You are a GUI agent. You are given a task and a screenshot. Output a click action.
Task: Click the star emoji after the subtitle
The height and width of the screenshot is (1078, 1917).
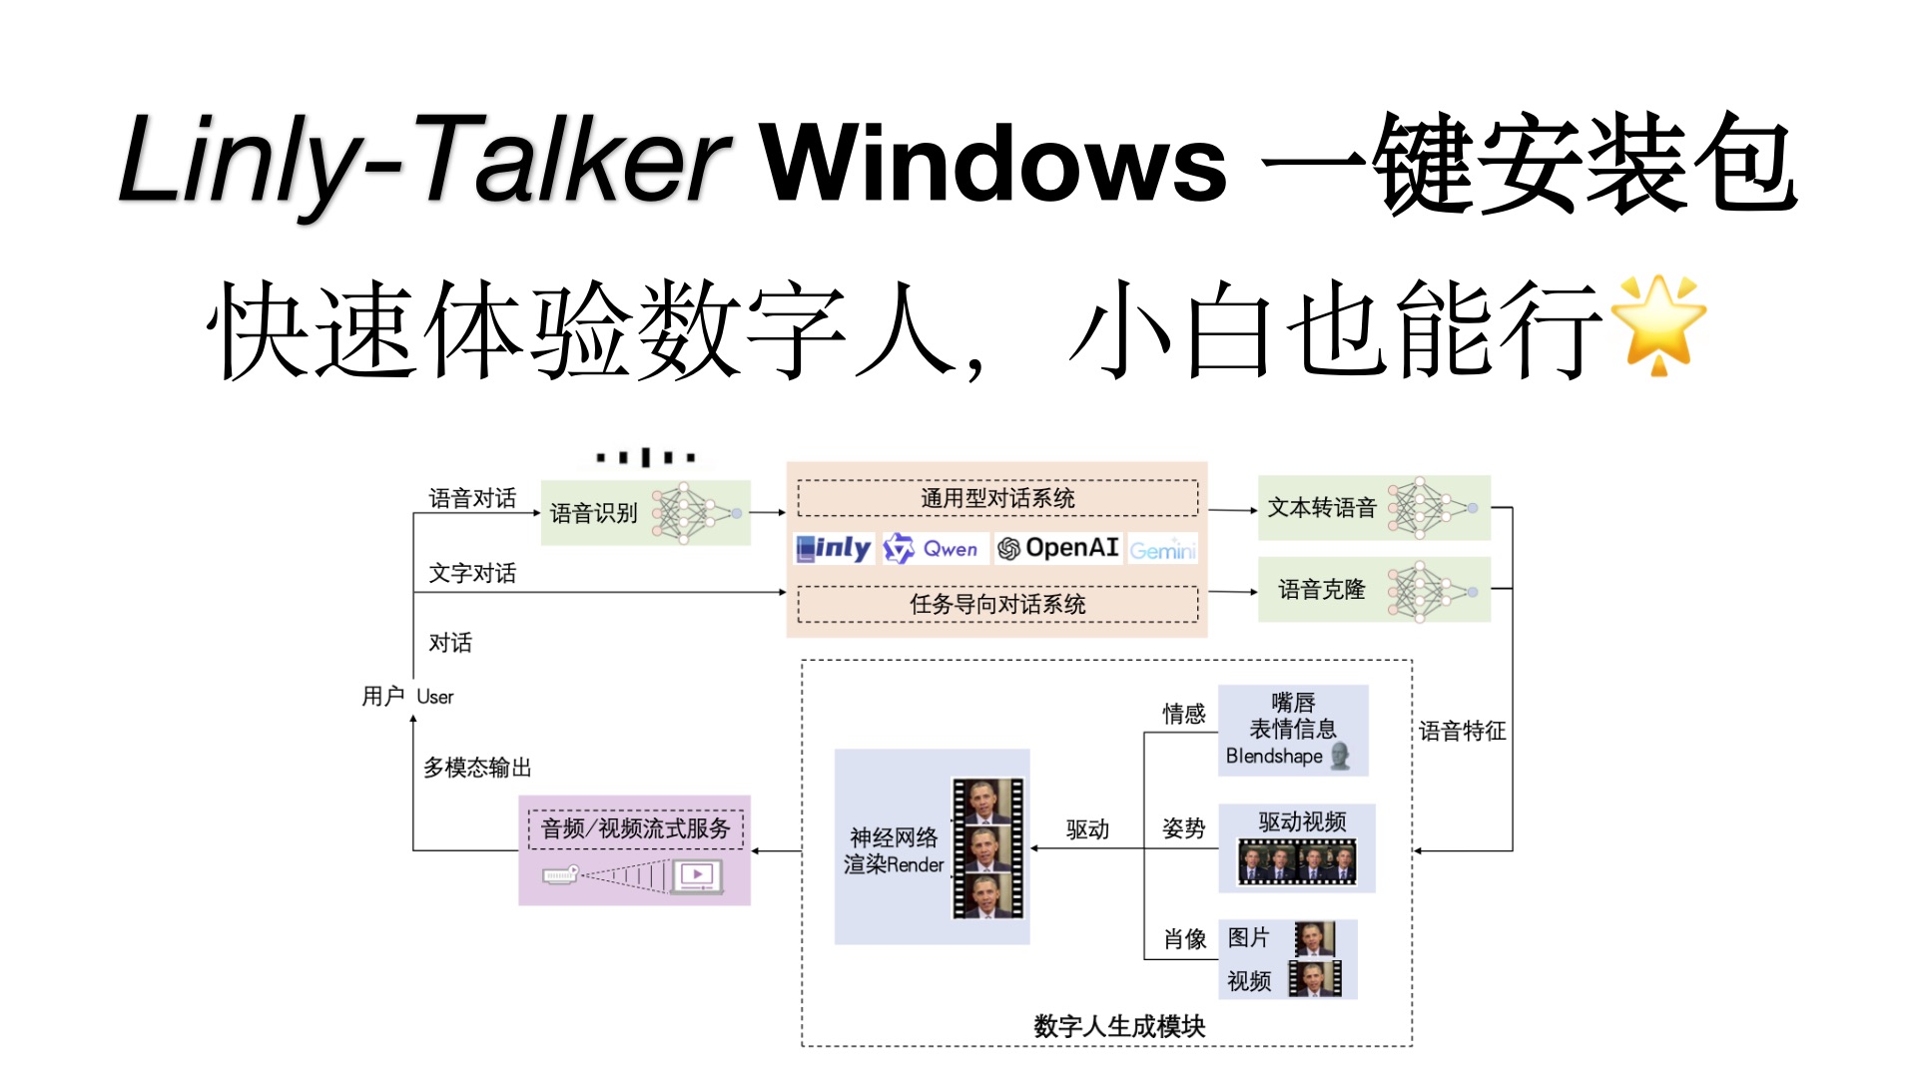[x=1658, y=324]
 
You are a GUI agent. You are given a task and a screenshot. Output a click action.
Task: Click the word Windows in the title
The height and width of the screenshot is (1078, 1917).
[x=993, y=163]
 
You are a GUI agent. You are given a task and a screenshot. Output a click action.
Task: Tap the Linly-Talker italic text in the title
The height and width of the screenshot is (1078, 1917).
[x=424, y=160]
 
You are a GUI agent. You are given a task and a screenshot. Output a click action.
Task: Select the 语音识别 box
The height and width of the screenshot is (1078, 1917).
[x=644, y=513]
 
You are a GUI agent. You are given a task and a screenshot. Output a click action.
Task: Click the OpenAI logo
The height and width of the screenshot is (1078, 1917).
[x=1058, y=548]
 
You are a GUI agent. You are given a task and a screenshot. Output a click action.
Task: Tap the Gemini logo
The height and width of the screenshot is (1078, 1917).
[x=1162, y=550]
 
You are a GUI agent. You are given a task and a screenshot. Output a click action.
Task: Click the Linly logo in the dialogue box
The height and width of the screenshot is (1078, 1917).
[x=834, y=548]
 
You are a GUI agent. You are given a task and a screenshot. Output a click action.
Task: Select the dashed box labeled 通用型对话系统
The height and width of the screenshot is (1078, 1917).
[x=997, y=498]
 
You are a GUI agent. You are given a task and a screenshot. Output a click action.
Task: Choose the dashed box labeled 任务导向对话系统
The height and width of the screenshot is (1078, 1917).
[x=997, y=604]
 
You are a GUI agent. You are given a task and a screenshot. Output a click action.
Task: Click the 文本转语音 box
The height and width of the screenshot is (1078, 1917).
[x=1373, y=508]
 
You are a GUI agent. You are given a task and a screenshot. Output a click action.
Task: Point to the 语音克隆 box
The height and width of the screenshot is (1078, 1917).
[x=1373, y=590]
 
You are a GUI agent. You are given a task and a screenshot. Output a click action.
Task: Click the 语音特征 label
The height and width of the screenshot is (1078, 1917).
[x=1462, y=731]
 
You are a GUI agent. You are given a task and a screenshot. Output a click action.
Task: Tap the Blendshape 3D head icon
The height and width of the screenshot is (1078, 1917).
[x=1341, y=756]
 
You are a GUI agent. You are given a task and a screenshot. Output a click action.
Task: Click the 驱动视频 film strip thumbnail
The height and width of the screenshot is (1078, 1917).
[x=1297, y=861]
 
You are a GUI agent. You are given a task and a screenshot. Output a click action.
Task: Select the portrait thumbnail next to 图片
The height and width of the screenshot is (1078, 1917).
[x=1314, y=938]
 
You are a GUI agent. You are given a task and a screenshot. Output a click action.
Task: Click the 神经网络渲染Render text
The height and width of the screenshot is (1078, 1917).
[x=894, y=850]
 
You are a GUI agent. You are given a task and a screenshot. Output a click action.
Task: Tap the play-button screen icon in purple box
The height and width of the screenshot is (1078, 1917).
[x=696, y=875]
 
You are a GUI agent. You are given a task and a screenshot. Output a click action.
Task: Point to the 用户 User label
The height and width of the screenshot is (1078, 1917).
[x=407, y=696]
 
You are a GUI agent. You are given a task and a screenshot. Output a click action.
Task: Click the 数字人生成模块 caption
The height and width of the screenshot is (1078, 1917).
[x=1119, y=1025]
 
